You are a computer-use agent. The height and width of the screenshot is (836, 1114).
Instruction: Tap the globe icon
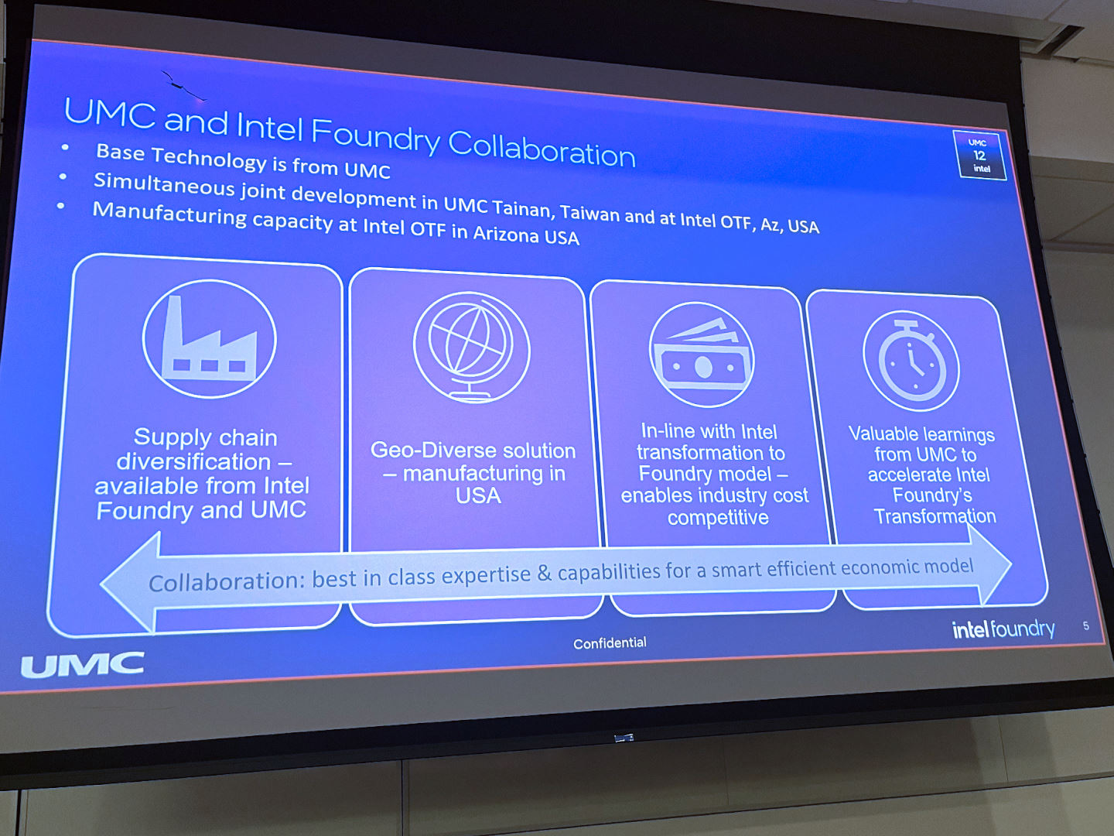(471, 348)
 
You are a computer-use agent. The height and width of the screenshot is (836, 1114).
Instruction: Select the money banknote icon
(702, 355)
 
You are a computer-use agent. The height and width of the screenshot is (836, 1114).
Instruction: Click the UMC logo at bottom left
(82, 664)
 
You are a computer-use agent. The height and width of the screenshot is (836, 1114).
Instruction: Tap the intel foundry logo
(1003, 629)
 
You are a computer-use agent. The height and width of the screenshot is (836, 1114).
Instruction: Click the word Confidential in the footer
(610, 642)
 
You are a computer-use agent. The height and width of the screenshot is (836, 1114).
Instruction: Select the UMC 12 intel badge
(980, 156)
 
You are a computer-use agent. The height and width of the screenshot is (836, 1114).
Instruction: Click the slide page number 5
(1086, 625)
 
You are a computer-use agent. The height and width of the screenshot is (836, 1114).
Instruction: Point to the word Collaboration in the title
(542, 148)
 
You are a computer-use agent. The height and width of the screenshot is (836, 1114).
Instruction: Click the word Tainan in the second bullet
(522, 208)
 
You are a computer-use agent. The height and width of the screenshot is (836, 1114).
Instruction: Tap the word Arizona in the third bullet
(507, 234)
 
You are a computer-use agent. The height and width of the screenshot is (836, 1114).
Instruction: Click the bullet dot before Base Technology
(65, 147)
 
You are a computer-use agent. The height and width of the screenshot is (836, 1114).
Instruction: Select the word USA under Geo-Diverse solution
(478, 495)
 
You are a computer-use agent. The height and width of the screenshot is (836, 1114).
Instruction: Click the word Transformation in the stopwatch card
(935, 516)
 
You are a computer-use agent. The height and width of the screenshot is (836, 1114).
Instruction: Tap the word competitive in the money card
(718, 517)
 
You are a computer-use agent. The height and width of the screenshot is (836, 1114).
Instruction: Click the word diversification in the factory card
(193, 461)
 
